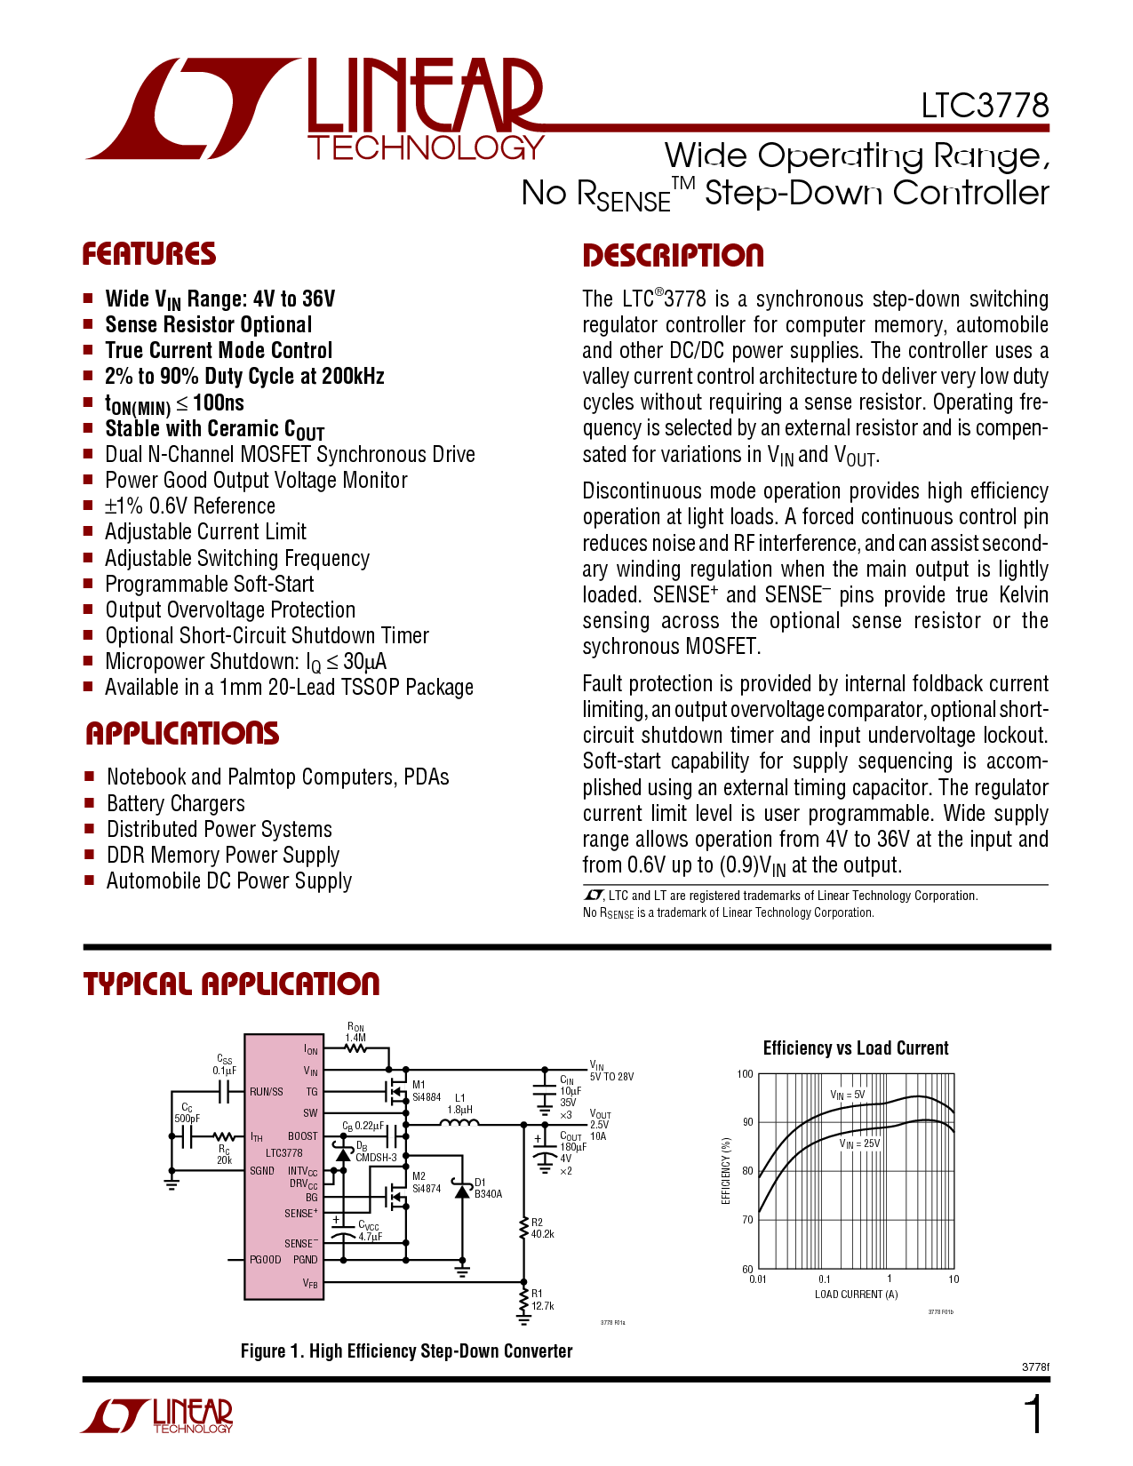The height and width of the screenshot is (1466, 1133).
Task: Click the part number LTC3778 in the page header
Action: pyautogui.click(x=985, y=106)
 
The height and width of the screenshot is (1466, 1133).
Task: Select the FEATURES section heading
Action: pyautogui.click(x=149, y=254)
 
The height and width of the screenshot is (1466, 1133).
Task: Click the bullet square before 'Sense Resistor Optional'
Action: pyautogui.click(x=88, y=324)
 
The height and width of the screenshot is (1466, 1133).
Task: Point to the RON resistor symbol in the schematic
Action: pyautogui.click(x=355, y=1048)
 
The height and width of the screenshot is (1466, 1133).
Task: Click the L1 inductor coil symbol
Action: pyautogui.click(x=459, y=1124)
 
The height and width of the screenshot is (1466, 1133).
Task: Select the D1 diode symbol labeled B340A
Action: pyautogui.click(x=462, y=1191)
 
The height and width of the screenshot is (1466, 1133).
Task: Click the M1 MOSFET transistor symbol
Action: pyautogui.click(x=394, y=1089)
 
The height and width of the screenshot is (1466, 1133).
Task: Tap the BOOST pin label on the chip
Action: pyautogui.click(x=302, y=1136)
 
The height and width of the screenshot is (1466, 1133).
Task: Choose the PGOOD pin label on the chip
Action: pyautogui.click(x=266, y=1259)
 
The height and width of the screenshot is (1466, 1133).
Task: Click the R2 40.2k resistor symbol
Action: pyautogui.click(x=523, y=1229)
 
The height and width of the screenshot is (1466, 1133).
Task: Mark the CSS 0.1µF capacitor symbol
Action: pyautogui.click(x=227, y=1091)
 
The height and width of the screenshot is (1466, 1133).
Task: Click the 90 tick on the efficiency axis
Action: pyautogui.click(x=747, y=1122)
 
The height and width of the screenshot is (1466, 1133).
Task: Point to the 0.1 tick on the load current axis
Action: pyautogui.click(x=824, y=1279)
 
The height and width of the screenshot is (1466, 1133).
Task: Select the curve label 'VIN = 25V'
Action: pyautogui.click(x=859, y=1143)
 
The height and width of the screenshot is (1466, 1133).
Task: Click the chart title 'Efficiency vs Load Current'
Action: pyautogui.click(x=856, y=1048)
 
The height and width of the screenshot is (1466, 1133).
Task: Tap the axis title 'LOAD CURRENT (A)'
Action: pyautogui.click(x=856, y=1295)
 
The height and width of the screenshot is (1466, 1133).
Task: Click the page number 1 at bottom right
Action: pyautogui.click(x=1033, y=1415)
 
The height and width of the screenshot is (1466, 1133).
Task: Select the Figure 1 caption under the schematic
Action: pyautogui.click(x=407, y=1351)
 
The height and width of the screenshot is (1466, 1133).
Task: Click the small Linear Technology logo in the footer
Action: pyautogui.click(x=158, y=1416)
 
